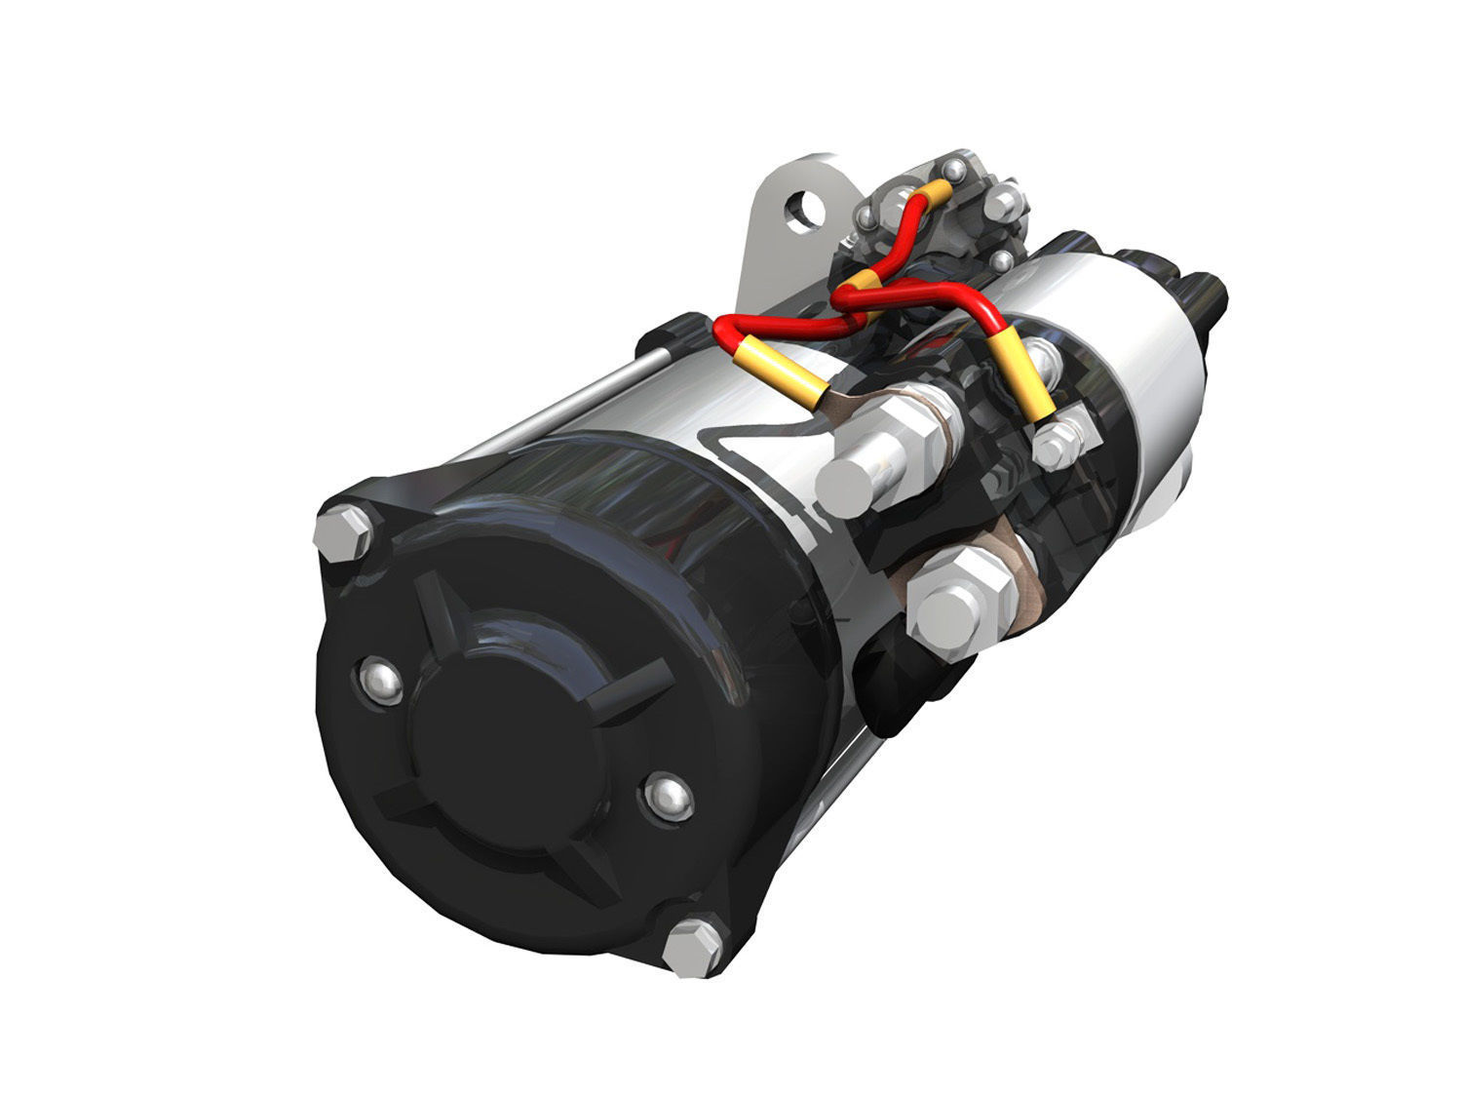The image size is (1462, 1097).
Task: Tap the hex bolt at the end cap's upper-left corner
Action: [343, 532]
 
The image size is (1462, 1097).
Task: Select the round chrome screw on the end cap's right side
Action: [670, 797]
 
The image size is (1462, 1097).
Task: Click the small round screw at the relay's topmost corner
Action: [959, 173]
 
